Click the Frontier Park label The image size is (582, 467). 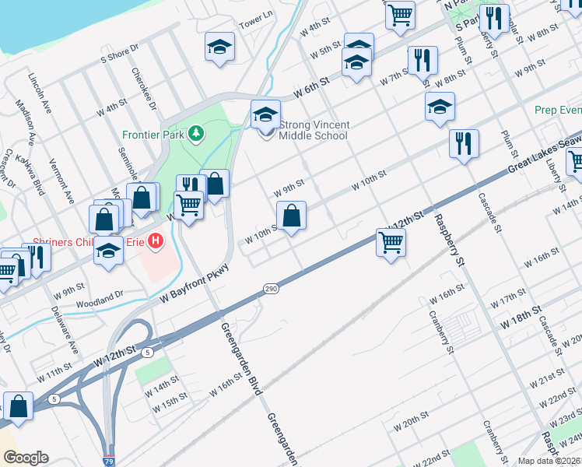tap(151, 133)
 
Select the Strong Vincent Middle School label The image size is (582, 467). tap(313, 130)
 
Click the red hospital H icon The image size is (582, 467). tap(156, 241)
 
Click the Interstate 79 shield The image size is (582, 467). tap(109, 462)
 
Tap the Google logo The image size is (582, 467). tap(25, 458)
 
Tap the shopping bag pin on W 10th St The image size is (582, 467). tap(291, 216)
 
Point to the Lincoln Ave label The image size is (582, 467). tap(38, 93)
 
